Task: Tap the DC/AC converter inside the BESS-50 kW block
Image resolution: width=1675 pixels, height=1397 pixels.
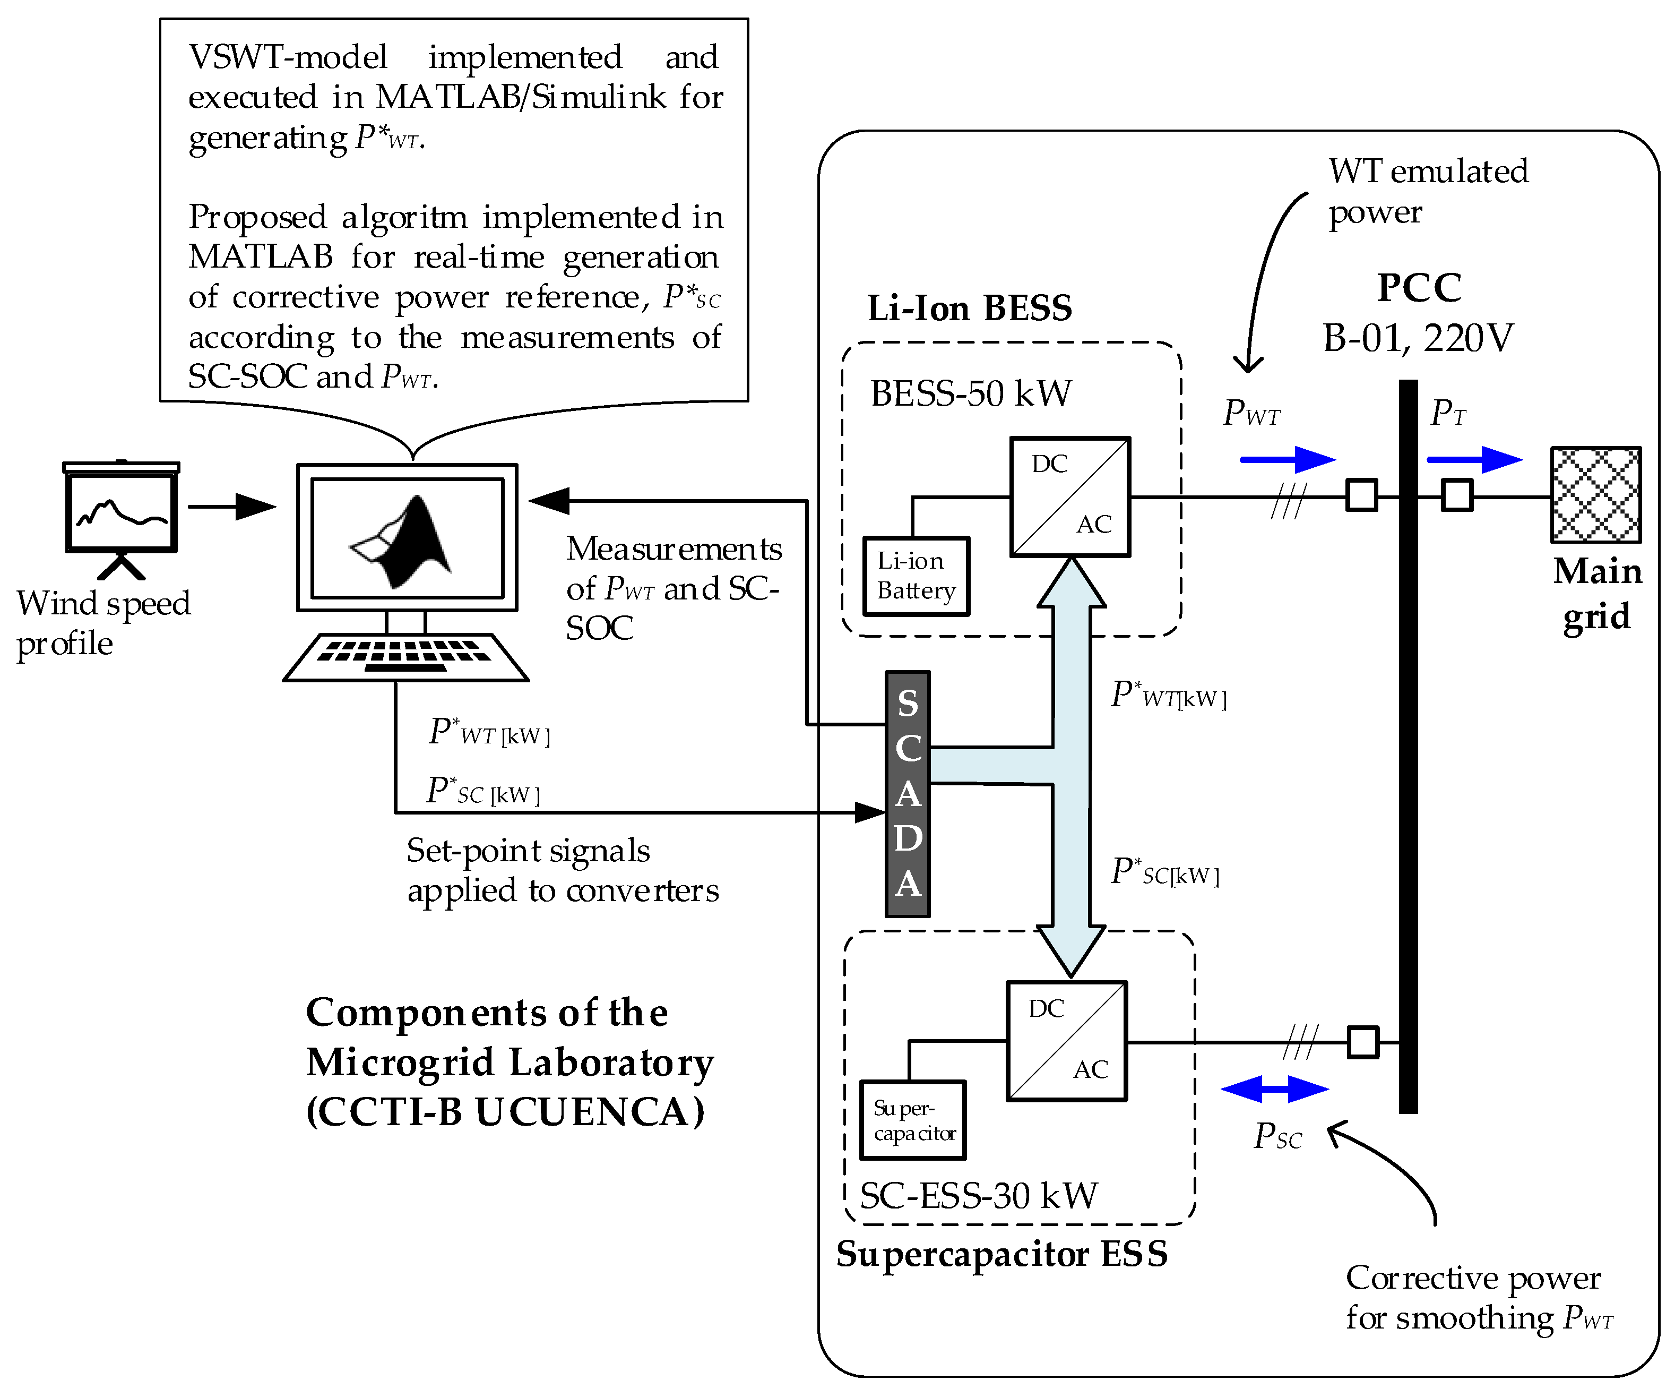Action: coord(1069,496)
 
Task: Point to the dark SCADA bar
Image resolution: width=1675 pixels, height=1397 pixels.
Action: coord(908,794)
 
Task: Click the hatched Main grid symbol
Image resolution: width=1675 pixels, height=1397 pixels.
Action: coord(1595,495)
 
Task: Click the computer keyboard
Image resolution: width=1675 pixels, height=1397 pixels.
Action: coord(405,657)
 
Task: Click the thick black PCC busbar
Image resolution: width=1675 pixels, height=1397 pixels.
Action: coord(1409,746)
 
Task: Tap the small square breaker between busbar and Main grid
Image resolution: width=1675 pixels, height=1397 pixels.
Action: coord(1456,495)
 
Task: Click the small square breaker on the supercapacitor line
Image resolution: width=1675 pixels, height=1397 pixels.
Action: coord(1362,1042)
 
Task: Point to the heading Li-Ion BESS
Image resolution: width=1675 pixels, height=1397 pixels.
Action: coord(969,308)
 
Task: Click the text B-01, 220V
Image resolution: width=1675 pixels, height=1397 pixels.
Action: coord(1418,338)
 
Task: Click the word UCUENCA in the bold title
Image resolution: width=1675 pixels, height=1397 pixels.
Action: coord(590,1111)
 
